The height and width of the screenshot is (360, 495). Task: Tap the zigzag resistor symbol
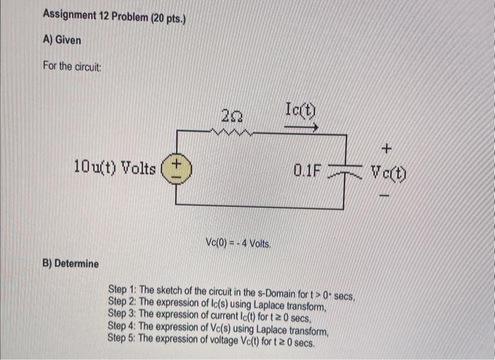click(x=230, y=130)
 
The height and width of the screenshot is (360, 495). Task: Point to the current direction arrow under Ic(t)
click(x=301, y=127)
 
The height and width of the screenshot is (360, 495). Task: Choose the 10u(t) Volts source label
click(x=115, y=168)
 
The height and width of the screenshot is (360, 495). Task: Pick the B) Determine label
click(x=71, y=264)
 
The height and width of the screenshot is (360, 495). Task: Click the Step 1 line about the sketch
click(x=235, y=291)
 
